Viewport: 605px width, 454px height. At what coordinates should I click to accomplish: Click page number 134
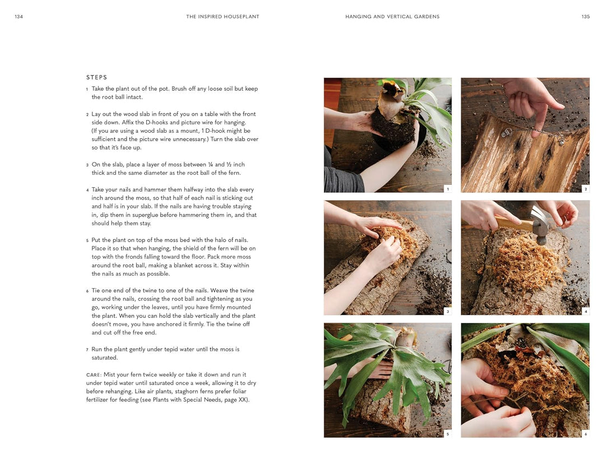click(x=18, y=17)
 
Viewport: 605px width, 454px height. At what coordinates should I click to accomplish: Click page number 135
click(x=585, y=17)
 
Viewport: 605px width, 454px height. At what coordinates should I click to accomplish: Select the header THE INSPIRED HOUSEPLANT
click(x=222, y=17)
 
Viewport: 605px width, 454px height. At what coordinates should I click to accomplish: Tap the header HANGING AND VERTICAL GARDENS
click(x=392, y=17)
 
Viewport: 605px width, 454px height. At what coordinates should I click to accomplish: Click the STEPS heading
click(x=96, y=77)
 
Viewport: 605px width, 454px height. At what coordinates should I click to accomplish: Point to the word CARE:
click(x=94, y=374)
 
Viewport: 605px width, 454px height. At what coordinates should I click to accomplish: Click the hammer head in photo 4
click(x=540, y=224)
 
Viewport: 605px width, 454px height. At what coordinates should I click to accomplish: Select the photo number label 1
click(x=447, y=189)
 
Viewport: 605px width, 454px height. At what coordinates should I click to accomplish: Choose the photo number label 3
click(x=447, y=311)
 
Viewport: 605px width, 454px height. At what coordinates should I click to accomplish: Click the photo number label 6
click(x=585, y=434)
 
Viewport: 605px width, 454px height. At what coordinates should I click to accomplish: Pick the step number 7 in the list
click(x=87, y=350)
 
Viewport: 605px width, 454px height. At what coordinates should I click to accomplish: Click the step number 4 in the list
click(x=87, y=190)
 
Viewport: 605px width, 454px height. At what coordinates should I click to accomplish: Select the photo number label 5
click(x=447, y=434)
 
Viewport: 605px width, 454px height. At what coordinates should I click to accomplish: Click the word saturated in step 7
click(x=105, y=358)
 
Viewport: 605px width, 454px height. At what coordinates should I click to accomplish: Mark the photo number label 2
click(x=585, y=189)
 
